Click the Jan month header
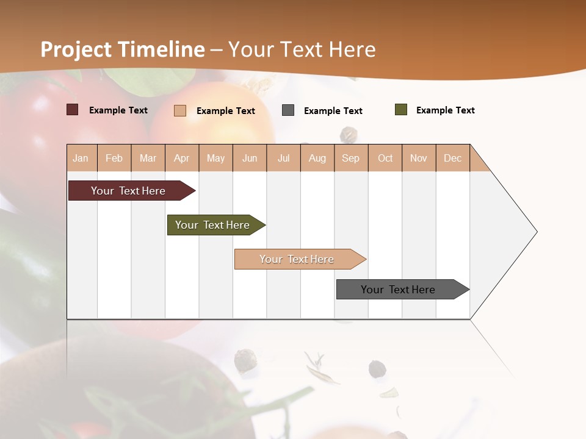click(81, 158)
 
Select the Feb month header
click(114, 158)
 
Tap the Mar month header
click(148, 158)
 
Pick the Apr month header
click(182, 158)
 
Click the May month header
click(215, 158)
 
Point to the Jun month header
click(250, 158)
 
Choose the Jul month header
click(283, 158)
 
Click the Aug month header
click(317, 158)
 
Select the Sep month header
click(351, 158)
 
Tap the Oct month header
click(385, 158)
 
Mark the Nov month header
click(419, 158)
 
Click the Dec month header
click(453, 158)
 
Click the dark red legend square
click(73, 110)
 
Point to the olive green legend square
click(401, 110)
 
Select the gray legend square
click(288, 110)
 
